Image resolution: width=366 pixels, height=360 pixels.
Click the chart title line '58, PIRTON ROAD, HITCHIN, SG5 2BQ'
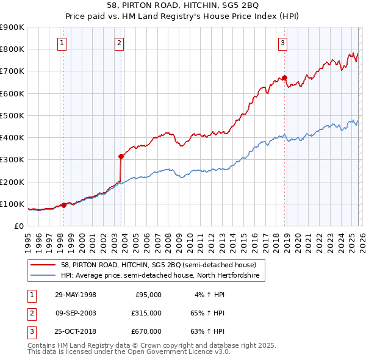(183, 5)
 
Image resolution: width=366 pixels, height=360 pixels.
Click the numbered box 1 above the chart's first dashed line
(63, 43)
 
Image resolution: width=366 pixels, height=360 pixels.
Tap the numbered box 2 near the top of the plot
(118, 43)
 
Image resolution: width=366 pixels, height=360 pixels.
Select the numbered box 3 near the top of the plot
(283, 43)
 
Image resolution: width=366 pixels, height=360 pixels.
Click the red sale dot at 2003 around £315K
(121, 156)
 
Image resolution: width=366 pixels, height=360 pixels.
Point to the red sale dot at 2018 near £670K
(284, 77)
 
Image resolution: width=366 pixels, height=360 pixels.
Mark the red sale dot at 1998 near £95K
(64, 205)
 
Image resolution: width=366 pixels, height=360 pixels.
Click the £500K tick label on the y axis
(12, 115)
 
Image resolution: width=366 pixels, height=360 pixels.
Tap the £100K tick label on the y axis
(12, 204)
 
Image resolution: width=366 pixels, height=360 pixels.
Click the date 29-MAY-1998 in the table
(76, 295)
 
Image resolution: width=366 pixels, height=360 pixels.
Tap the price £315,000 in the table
(147, 313)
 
